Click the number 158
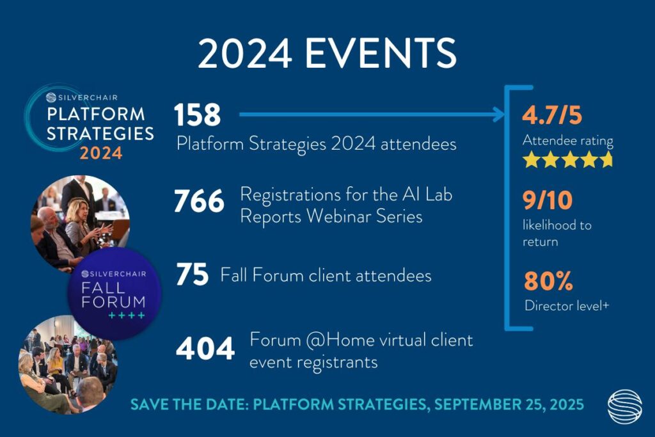point(197,115)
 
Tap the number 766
point(199,201)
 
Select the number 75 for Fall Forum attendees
point(192,274)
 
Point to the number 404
point(205,349)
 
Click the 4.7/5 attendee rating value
point(552,115)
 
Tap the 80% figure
point(548,280)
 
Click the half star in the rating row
point(608,159)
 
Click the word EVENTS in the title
point(381,53)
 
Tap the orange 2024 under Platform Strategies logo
point(101,154)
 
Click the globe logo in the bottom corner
point(624,406)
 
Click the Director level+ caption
point(567,306)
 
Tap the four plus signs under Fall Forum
point(127,315)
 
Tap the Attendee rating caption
point(568,141)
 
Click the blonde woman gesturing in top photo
point(81,226)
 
